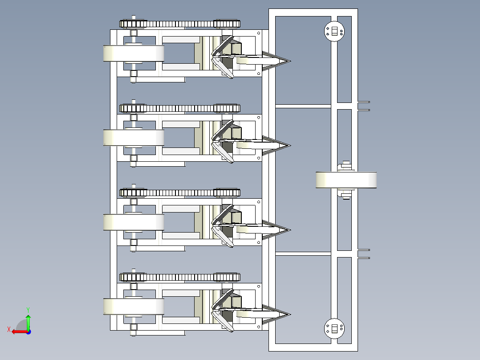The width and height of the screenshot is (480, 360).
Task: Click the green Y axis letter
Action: click(28, 310)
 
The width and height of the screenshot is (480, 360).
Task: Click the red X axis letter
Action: click(9, 329)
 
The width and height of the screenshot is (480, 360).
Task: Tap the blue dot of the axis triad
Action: click(29, 332)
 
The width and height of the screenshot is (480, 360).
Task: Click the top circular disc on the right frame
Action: click(334, 31)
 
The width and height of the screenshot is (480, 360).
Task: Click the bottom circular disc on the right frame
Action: click(334, 328)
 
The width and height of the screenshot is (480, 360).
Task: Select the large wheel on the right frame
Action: click(346, 180)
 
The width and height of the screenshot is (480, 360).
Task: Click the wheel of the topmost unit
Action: click(134, 53)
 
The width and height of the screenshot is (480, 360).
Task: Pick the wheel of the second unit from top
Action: click(134, 138)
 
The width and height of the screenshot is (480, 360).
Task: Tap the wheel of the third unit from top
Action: click(134, 222)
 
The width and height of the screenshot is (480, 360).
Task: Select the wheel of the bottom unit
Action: click(134, 307)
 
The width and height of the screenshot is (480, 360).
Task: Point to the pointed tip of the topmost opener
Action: click(290, 61)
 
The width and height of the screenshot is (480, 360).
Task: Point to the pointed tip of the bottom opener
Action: click(290, 315)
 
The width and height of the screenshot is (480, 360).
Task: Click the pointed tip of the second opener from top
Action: click(290, 146)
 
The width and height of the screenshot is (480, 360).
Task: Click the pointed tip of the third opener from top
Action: click(290, 230)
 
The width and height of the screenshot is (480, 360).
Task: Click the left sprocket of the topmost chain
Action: click(134, 24)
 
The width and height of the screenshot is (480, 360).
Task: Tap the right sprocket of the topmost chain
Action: click(227, 24)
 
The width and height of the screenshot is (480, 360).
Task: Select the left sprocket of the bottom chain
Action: click(134, 278)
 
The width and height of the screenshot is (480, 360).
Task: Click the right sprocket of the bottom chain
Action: click(227, 278)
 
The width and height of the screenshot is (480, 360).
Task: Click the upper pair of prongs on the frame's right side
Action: click(364, 106)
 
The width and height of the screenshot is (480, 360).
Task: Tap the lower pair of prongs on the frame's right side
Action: click(364, 254)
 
